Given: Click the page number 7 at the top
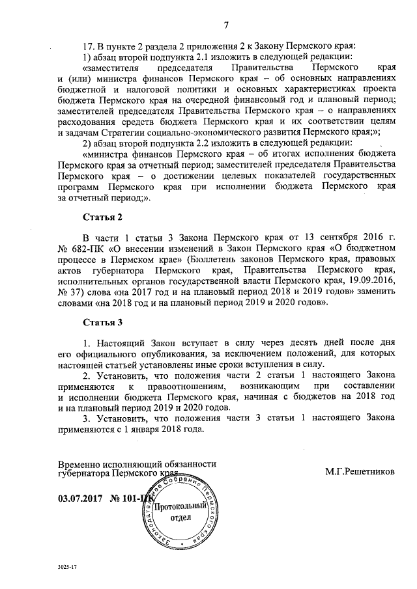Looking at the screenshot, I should (x=225, y=25).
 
